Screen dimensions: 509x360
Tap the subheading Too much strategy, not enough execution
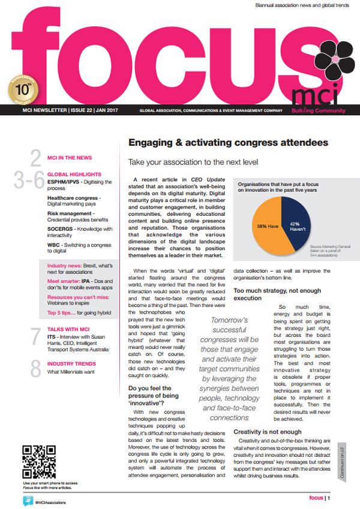(278, 293)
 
